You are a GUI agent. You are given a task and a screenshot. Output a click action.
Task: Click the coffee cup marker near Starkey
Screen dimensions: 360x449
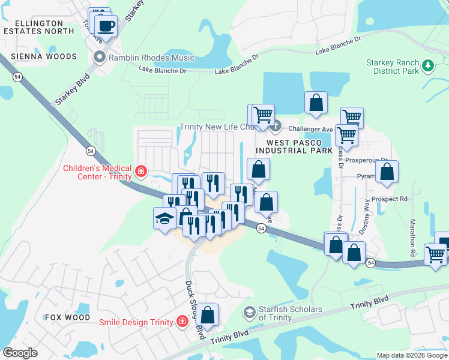(x=106, y=26)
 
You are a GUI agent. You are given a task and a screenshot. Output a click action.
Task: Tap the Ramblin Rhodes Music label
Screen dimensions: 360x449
(x=151, y=58)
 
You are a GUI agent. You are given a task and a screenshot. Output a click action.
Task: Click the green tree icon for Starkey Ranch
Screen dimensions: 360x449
(x=428, y=65)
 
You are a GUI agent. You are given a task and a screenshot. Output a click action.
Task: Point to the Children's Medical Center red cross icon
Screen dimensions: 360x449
(x=141, y=172)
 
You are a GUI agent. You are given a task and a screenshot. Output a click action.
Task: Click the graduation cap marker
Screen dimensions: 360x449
(x=164, y=219)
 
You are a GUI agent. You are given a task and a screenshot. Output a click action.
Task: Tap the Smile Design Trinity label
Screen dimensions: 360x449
(x=137, y=322)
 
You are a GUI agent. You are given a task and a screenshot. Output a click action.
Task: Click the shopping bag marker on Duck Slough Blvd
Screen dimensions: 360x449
(x=207, y=315)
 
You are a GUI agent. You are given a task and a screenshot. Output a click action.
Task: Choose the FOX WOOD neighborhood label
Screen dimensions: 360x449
(x=67, y=317)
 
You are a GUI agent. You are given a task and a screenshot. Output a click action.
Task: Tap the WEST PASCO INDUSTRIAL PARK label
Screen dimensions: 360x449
(x=294, y=146)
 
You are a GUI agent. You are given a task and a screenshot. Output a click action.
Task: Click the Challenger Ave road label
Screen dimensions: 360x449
(x=310, y=128)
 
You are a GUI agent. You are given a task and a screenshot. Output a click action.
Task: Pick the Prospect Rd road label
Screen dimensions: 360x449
(x=389, y=199)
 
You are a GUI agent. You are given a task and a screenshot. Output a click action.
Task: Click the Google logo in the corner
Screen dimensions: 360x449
(x=20, y=352)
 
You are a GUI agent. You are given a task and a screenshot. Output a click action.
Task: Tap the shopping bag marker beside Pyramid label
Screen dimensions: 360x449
(x=387, y=172)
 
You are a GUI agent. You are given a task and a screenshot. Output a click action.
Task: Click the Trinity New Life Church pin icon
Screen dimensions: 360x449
(x=276, y=127)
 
